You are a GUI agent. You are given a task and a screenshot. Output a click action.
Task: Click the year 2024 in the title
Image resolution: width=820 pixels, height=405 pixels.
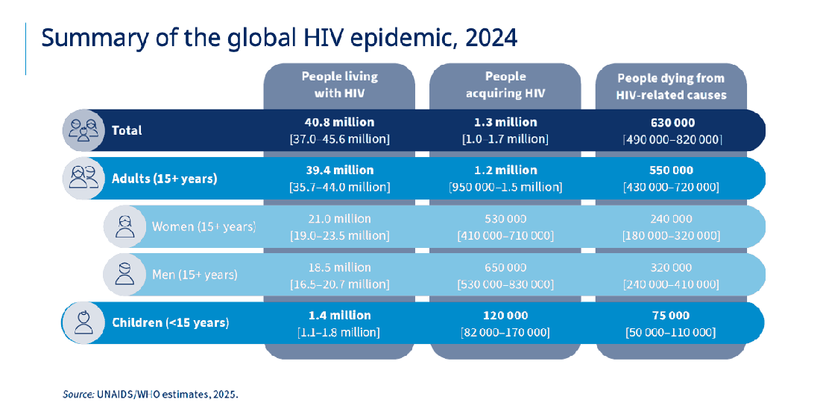tap(491, 38)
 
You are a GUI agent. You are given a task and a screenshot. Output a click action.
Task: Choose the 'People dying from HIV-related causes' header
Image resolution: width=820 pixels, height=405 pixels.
tap(671, 86)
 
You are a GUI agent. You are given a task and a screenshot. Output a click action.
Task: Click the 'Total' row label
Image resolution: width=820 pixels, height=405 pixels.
tap(127, 130)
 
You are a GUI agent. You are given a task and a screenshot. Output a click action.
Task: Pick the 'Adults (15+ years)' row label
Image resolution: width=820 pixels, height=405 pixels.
tap(164, 179)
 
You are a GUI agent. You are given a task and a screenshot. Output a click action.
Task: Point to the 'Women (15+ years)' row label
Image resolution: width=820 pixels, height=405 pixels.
tap(204, 226)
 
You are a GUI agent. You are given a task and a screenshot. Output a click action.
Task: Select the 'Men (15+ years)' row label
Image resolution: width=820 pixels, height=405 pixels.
tap(195, 275)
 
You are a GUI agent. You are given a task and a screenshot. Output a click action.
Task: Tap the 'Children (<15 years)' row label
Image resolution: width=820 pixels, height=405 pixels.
tap(170, 322)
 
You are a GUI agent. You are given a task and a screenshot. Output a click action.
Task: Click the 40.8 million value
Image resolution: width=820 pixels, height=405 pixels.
tap(339, 122)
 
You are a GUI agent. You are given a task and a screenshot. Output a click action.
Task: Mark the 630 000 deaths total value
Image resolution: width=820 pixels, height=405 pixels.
tap(671, 122)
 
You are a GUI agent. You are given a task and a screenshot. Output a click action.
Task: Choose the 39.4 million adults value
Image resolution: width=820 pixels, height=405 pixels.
tap(339, 170)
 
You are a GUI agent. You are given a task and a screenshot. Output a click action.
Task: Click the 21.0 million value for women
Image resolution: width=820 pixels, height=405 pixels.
tap(339, 219)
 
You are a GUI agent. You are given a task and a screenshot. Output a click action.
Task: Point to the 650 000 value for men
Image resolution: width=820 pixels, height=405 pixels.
tap(505, 267)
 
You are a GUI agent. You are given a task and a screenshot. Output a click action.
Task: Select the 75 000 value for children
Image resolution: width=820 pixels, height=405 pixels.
tap(671, 315)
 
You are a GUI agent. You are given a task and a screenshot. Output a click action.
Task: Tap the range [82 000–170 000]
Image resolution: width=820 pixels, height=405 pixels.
tap(505, 332)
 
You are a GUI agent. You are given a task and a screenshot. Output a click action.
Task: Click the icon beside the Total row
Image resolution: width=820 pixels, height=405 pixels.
tap(81, 130)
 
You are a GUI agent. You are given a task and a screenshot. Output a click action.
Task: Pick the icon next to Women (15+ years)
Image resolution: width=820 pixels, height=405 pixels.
tap(124, 226)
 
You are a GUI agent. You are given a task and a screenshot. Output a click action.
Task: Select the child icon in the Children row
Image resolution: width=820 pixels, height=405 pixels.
tap(81, 322)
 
